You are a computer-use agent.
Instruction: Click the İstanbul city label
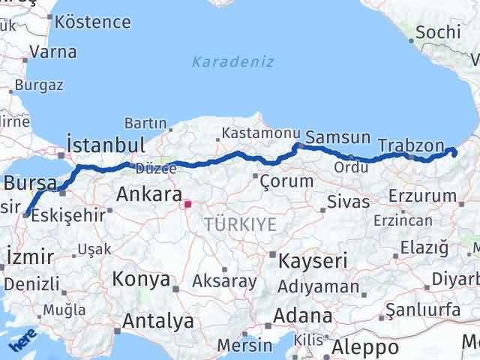[105, 144]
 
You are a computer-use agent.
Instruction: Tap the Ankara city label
[149, 196]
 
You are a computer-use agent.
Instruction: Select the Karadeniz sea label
[232, 61]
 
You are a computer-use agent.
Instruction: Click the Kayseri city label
[313, 261]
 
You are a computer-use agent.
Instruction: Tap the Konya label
[141, 280]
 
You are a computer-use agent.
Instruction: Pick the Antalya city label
[158, 322]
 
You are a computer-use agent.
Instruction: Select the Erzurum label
[423, 196]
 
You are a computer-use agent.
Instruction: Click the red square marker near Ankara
[187, 202]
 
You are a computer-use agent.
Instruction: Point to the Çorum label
[286, 181]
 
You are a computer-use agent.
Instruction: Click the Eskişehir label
[73, 214]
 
